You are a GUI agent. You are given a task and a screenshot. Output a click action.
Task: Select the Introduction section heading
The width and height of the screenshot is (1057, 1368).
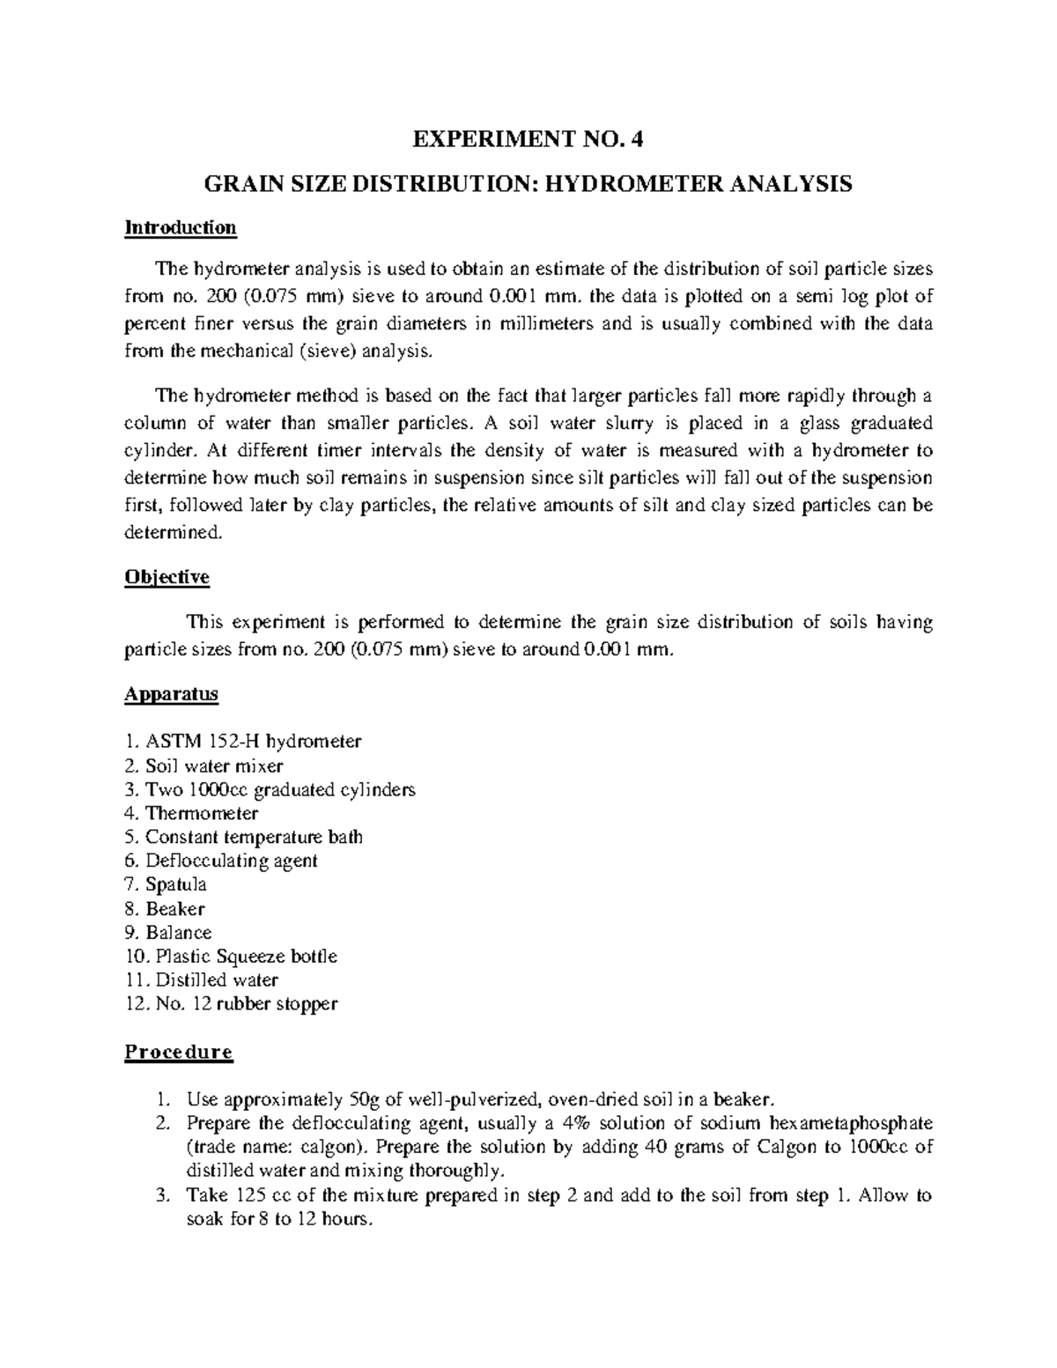pos(181,228)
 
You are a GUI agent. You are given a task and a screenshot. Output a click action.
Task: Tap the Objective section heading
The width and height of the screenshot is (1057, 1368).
pos(167,578)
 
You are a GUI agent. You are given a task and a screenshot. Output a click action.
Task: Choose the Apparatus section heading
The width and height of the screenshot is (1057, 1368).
pos(171,694)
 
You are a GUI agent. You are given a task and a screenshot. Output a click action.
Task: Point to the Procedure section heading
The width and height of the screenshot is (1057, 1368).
pos(179,1052)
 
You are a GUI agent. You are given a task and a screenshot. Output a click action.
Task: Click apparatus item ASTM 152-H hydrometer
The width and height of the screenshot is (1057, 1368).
pos(243,742)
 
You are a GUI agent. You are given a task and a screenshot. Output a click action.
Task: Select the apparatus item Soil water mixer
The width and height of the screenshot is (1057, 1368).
pos(204,765)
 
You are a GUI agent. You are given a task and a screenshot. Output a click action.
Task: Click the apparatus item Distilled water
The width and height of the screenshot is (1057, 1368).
pos(203,980)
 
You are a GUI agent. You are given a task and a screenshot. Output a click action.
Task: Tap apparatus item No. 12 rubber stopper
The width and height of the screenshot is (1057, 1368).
pos(232,1003)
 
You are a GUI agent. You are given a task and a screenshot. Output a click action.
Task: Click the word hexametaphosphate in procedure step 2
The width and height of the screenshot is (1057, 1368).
pos(852,1124)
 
